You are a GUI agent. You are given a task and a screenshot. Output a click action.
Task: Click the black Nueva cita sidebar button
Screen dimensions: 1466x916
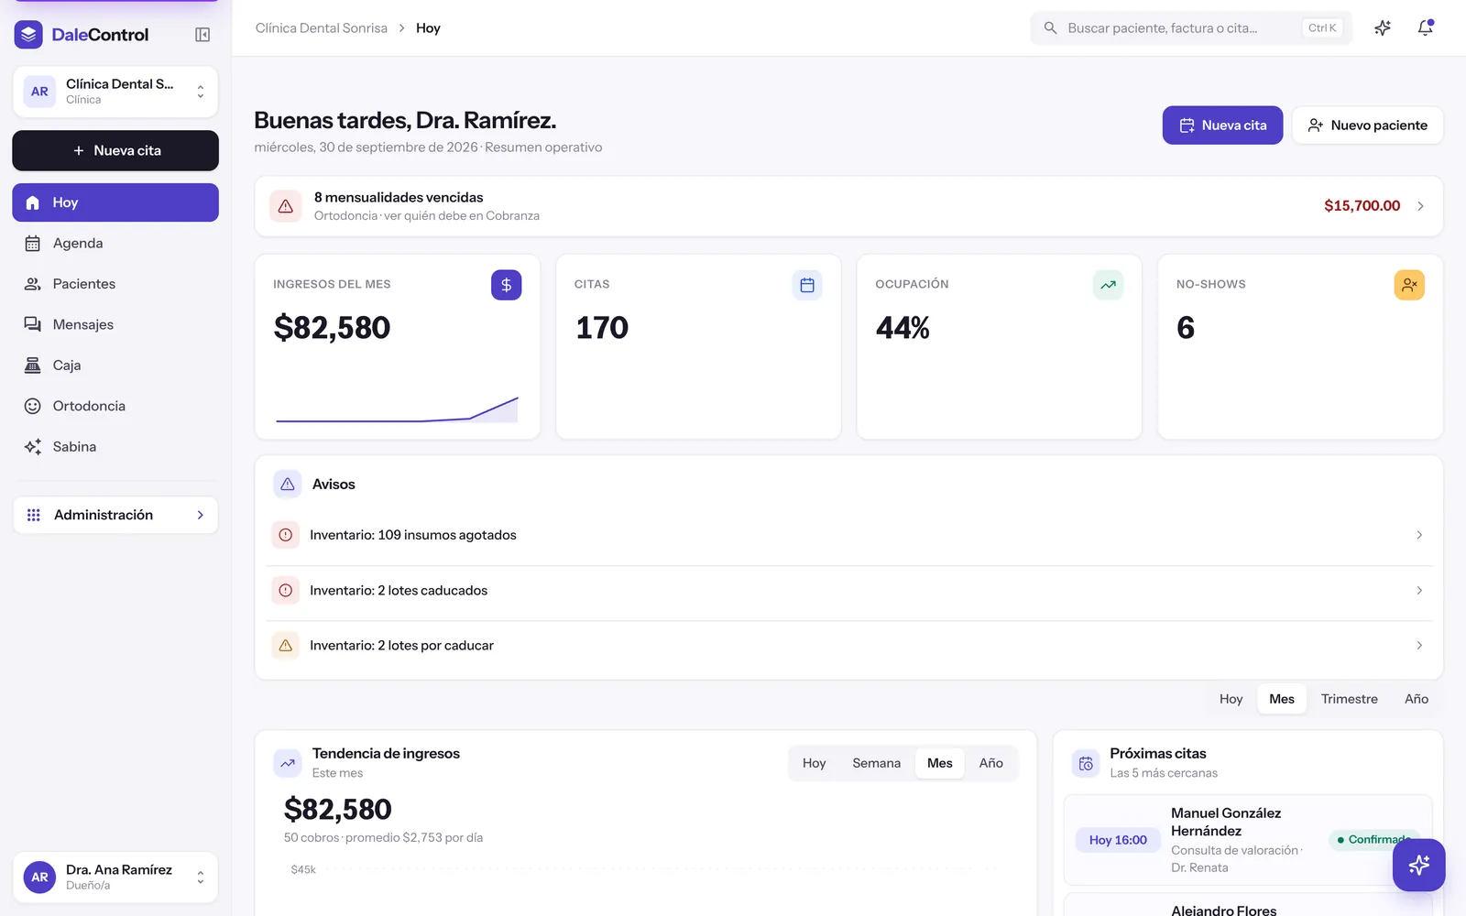[x=115, y=150]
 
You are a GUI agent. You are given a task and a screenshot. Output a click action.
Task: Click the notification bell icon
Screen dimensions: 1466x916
[x=1426, y=28]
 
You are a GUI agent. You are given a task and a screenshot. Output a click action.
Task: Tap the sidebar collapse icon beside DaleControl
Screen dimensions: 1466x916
[x=202, y=35]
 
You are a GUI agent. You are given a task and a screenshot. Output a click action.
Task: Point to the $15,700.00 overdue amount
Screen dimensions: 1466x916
[x=1362, y=206]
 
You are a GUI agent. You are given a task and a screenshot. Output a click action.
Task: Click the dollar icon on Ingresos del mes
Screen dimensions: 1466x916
[x=506, y=285]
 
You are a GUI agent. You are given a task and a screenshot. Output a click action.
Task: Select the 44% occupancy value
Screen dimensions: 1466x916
[x=903, y=328]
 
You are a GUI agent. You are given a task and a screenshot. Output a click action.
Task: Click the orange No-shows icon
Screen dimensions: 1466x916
[x=1409, y=285]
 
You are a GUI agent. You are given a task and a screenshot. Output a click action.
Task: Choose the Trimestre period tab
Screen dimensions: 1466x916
[x=1349, y=699]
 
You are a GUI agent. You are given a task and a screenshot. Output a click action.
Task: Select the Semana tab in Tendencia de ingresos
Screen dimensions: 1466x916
[x=876, y=763]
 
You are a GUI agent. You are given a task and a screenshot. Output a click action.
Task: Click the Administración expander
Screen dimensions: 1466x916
[x=115, y=515]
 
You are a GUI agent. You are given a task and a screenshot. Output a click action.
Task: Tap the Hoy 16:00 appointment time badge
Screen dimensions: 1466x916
[x=1118, y=840]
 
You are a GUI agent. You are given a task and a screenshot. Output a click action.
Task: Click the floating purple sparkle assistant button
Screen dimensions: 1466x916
[x=1419, y=865]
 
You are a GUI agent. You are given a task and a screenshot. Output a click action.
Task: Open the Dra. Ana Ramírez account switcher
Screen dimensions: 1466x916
[x=115, y=878]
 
